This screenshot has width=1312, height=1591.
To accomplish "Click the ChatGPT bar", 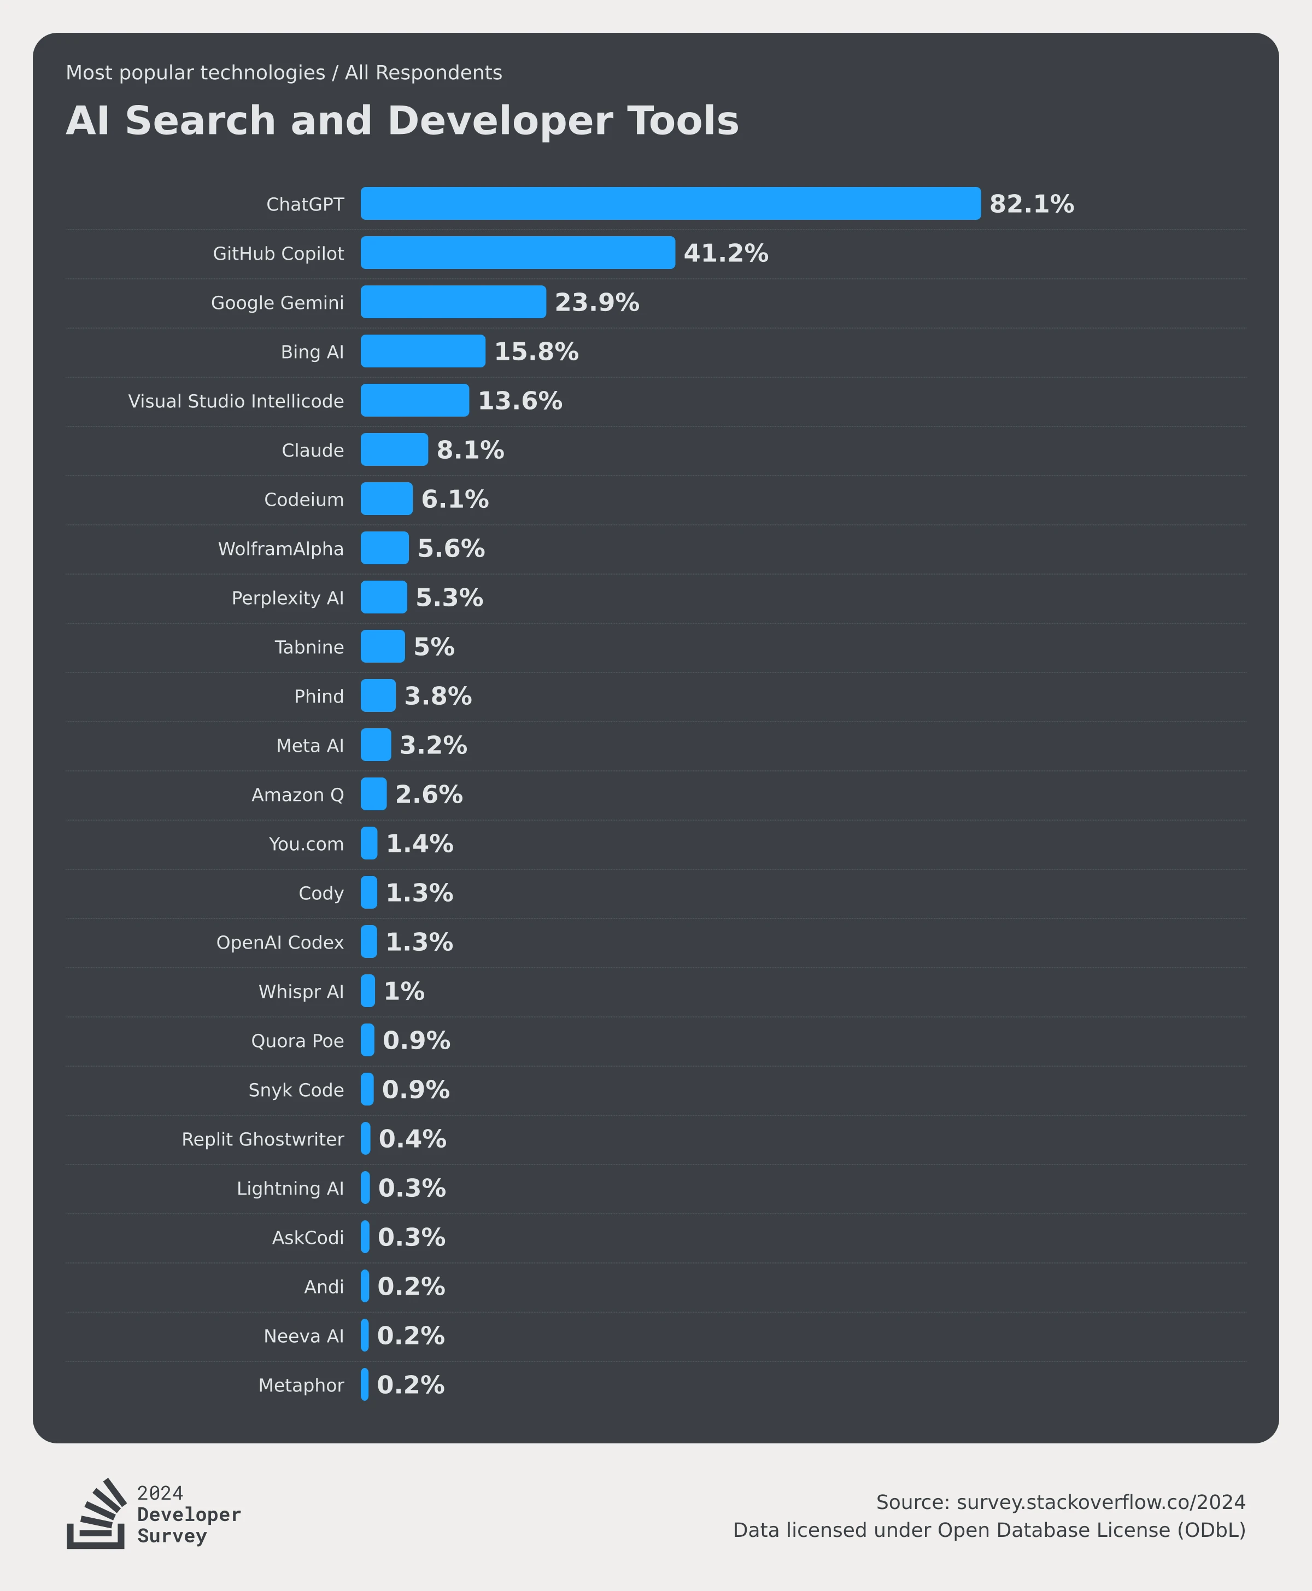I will (x=670, y=203).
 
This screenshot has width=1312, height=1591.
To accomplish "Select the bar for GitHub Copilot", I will (x=518, y=253).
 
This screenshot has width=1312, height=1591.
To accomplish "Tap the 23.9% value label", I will (x=597, y=302).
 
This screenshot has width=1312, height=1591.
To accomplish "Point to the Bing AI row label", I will (x=312, y=352).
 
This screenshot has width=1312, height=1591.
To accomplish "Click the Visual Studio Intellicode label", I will (x=236, y=401).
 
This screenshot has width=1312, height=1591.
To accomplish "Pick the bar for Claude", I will (x=394, y=450).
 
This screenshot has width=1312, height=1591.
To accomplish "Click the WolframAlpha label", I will (x=280, y=549).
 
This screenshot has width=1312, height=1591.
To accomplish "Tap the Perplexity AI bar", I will (x=384, y=597).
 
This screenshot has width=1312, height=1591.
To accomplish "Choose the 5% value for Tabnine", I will (x=434, y=647).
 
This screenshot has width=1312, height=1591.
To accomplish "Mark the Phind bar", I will (x=378, y=695).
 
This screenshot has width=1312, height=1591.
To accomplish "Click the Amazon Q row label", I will (x=298, y=795).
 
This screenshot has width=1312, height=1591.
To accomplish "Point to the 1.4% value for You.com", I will (x=419, y=844).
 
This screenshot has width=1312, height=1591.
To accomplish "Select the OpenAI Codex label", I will (x=280, y=943).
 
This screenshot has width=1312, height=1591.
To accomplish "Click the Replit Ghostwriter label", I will (x=263, y=1139).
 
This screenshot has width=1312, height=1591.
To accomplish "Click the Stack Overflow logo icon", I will (x=96, y=1514).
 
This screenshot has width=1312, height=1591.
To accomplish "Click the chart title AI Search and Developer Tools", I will (x=402, y=121).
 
